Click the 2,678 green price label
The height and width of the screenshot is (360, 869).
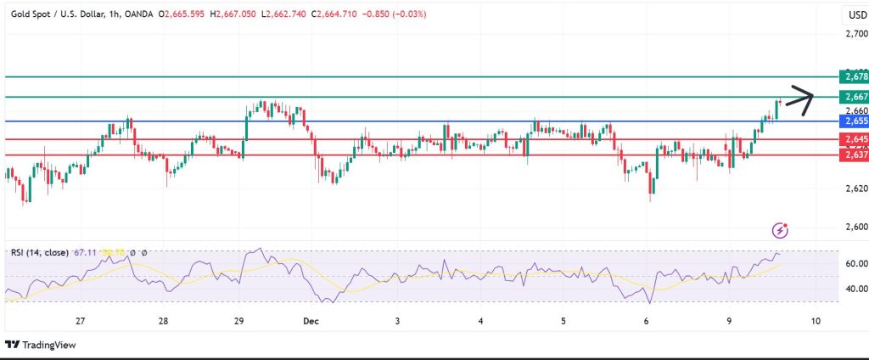click(x=852, y=76)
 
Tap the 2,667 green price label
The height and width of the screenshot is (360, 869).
click(x=852, y=97)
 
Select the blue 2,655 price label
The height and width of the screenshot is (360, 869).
click(x=852, y=121)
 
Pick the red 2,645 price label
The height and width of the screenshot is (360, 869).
click(x=852, y=139)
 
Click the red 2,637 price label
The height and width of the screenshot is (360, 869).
click(x=852, y=155)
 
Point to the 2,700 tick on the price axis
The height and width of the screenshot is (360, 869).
click(x=856, y=34)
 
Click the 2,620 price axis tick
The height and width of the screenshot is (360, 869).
click(x=856, y=188)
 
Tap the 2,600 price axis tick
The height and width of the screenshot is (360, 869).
click(x=856, y=227)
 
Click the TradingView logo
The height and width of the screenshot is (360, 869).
click(x=40, y=345)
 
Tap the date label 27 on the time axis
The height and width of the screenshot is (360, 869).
click(x=81, y=321)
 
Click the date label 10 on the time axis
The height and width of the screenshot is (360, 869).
click(x=815, y=321)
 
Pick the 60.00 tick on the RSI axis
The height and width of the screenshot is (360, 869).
click(x=855, y=264)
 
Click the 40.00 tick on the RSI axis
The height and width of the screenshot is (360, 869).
click(x=855, y=289)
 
